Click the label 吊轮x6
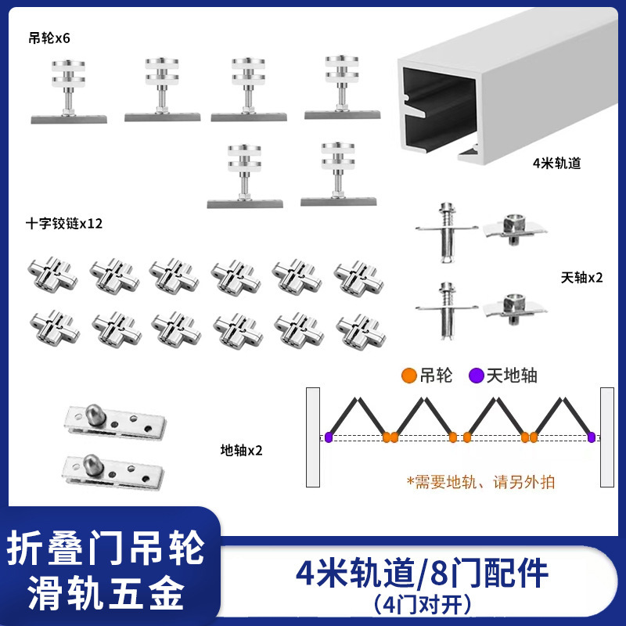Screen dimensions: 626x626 [x=50, y=38]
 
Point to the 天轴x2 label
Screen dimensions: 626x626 [x=582, y=277]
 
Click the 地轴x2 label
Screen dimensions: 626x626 [x=241, y=450]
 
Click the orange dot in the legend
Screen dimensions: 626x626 [x=408, y=376]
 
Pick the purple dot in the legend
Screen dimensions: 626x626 [x=475, y=376]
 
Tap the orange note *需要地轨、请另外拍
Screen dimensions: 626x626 [x=480, y=481]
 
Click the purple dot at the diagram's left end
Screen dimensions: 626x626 [x=329, y=437]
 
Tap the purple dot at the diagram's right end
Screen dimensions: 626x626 [x=591, y=437]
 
